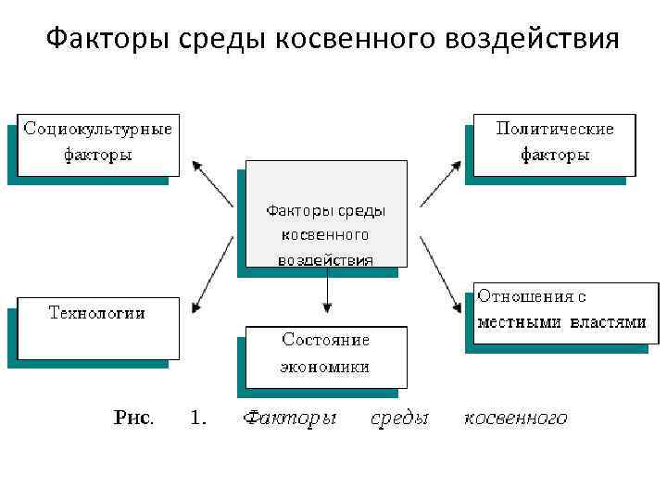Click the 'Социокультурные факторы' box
tap(98, 143)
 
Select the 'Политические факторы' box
tap(554, 143)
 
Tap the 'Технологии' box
tap(97, 327)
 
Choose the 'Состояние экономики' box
tap(325, 355)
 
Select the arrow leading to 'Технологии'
tap(212, 274)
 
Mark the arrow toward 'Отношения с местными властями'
tap(440, 274)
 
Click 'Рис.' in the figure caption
tap(134, 419)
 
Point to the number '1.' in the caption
tap(198, 419)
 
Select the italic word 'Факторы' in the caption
tap(289, 419)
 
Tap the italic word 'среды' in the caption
tap(399, 419)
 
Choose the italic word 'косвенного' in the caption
tap(515, 419)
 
